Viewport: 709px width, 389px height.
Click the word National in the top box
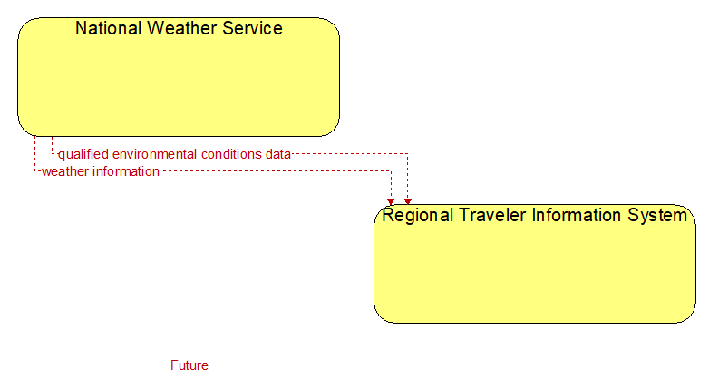tap(109, 28)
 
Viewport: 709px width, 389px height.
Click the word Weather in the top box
tap(182, 28)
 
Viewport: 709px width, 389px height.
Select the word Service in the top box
tap(252, 28)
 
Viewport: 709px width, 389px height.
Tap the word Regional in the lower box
tap(417, 215)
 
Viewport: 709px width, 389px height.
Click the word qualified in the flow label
tap(83, 155)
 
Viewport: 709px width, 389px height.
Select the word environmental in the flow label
tap(155, 154)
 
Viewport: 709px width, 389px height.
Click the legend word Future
tap(189, 365)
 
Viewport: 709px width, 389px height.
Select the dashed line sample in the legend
tap(85, 365)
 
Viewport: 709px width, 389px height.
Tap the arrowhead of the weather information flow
tap(391, 201)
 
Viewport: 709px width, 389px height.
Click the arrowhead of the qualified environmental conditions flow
tap(407, 201)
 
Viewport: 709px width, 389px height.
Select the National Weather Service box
tap(179, 77)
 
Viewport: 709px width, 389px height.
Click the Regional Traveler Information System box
tap(535, 264)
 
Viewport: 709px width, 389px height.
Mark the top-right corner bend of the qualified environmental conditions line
tap(407, 154)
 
